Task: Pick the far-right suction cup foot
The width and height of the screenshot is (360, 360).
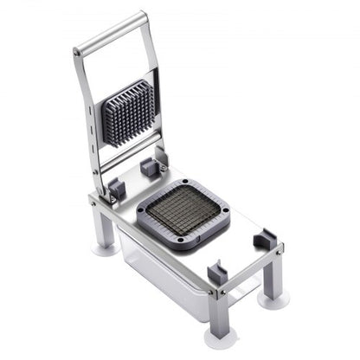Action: coord(275,298)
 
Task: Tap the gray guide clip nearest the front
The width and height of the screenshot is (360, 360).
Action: coord(217,275)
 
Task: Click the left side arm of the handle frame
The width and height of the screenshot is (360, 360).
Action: coord(87,121)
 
